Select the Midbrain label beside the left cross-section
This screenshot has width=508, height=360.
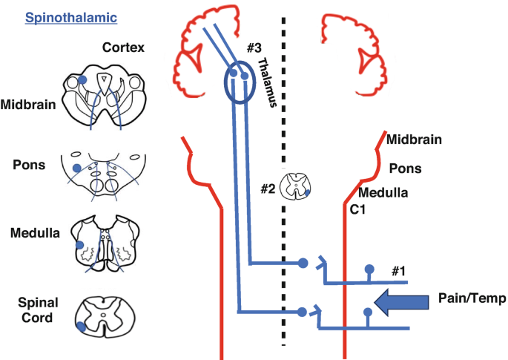point(28,104)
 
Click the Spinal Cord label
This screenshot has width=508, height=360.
point(37,310)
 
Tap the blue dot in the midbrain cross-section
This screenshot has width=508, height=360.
point(83,79)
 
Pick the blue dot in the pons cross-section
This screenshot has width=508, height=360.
point(76,168)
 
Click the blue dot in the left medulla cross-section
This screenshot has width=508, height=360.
point(79,244)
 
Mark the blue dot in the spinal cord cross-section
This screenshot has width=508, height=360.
point(80,325)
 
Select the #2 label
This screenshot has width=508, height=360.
point(268,189)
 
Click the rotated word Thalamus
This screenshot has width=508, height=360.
point(271,85)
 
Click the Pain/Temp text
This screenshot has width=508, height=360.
point(472,298)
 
